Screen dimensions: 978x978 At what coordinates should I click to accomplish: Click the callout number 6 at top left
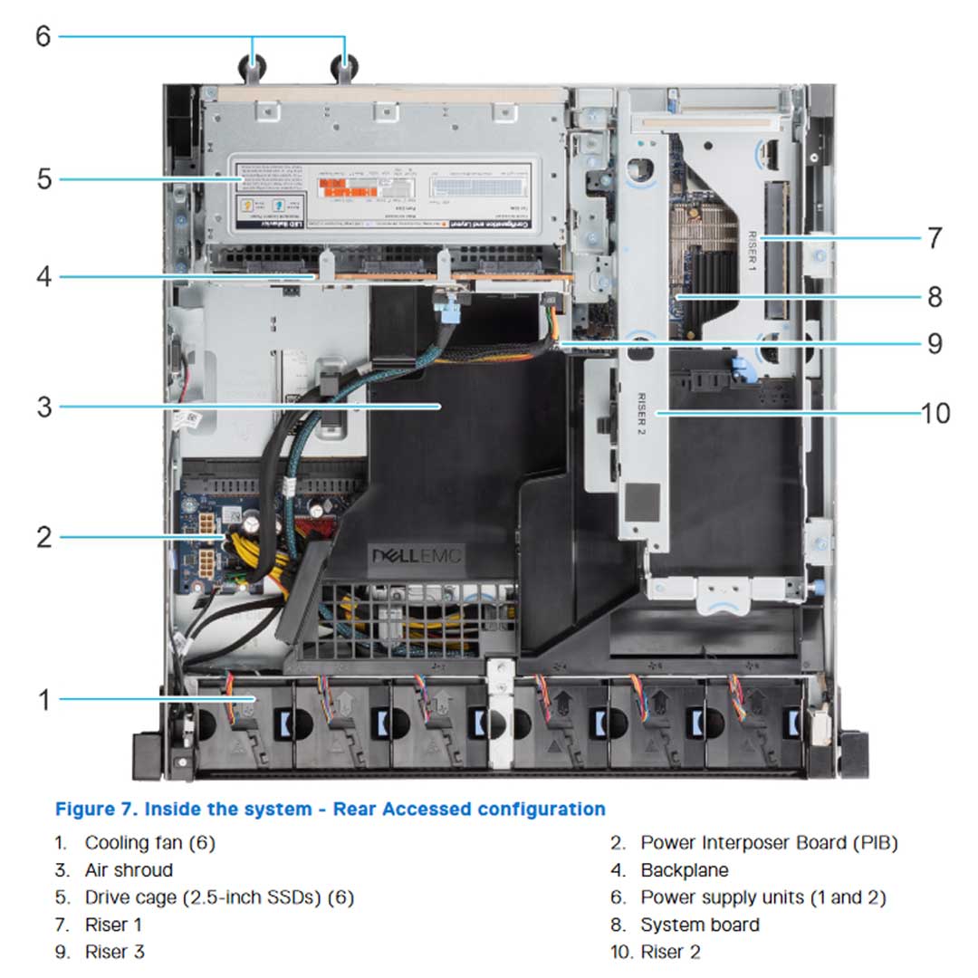[43, 36]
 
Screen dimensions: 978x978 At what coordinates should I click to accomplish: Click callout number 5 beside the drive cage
[43, 178]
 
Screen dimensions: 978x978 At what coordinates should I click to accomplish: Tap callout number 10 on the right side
[935, 413]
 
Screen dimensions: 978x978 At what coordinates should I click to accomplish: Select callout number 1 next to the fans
[43, 699]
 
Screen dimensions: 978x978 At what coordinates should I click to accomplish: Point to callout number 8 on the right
[935, 296]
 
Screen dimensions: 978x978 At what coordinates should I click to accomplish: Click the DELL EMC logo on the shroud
[417, 555]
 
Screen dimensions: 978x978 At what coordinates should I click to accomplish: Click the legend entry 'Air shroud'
[129, 870]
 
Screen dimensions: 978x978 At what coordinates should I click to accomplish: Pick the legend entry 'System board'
[699, 925]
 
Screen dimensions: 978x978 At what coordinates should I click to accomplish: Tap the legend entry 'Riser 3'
[114, 952]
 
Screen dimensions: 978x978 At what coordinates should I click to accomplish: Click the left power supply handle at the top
[253, 66]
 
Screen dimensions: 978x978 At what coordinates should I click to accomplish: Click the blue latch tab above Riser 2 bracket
[738, 368]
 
